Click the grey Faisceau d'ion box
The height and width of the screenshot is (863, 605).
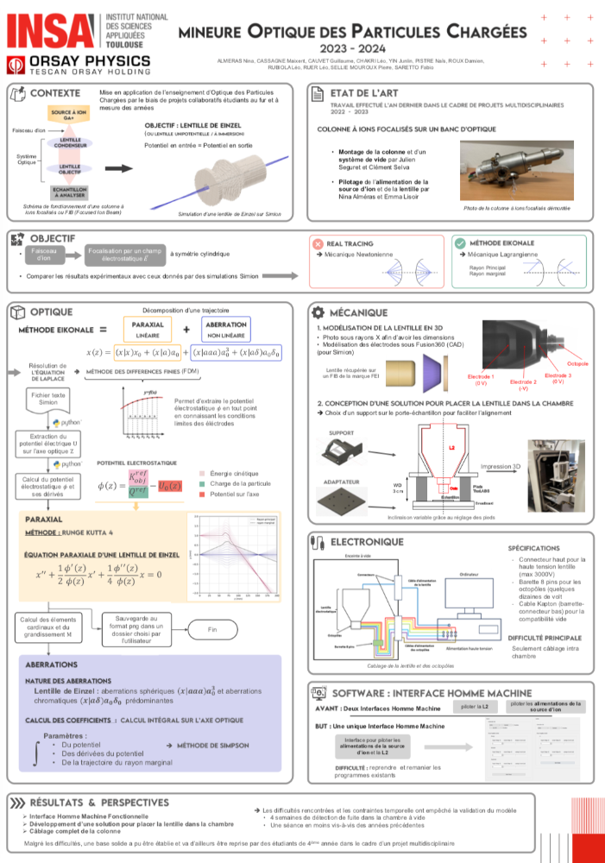pos(44,254)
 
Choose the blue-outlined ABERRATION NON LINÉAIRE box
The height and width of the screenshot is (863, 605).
pos(224,329)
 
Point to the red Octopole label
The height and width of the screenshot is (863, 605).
pos(578,363)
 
